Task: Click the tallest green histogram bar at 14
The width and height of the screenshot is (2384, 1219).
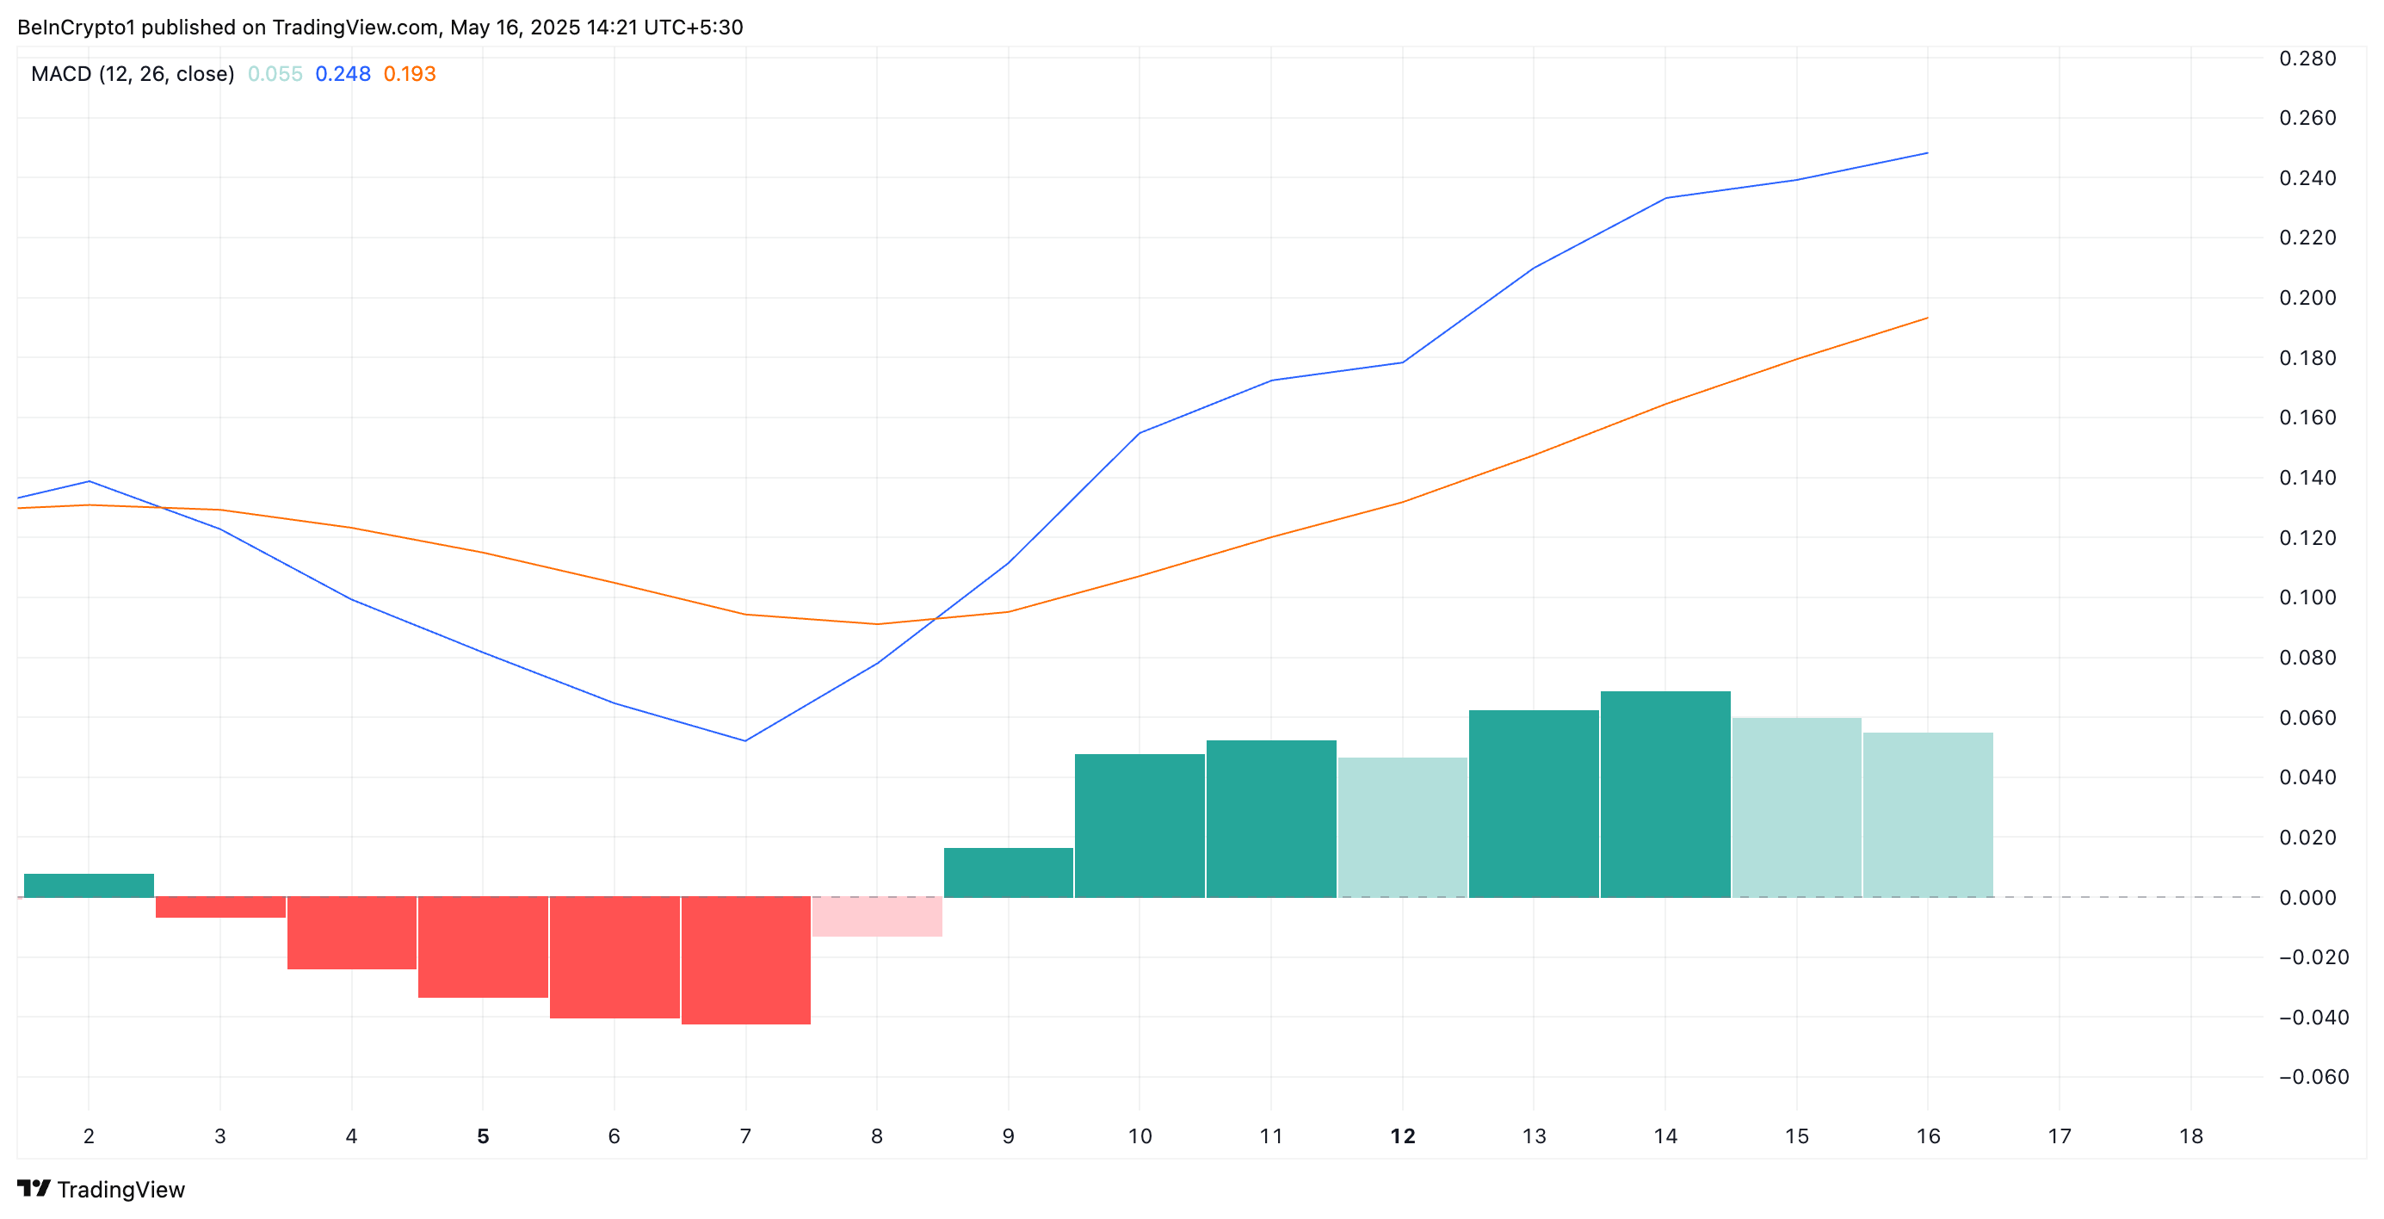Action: pos(1664,794)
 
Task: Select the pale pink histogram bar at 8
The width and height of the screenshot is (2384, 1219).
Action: pos(876,916)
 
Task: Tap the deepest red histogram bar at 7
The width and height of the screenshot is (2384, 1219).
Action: pos(745,960)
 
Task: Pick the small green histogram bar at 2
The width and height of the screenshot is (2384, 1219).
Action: pos(89,885)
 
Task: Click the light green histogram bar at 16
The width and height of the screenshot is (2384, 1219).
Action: pos(1928,814)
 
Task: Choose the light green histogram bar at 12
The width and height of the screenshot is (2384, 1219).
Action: pos(1402,827)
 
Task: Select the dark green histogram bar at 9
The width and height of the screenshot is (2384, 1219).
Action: pos(1008,872)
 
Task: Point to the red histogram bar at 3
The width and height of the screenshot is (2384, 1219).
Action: pos(220,907)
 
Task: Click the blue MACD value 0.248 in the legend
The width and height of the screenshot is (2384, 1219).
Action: pos(343,74)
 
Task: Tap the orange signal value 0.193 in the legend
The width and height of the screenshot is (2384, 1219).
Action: pos(409,74)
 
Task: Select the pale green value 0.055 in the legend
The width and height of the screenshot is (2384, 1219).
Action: pos(275,74)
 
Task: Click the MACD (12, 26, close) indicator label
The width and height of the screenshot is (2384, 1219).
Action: pos(133,74)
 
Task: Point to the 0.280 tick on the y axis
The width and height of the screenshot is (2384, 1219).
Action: pos(2307,59)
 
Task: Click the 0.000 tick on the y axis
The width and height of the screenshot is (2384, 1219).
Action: pos(2307,897)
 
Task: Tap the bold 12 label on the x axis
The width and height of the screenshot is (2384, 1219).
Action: pos(1402,1135)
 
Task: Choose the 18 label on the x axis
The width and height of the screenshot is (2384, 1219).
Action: pos(2190,1135)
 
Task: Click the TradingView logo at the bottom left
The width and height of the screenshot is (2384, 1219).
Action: pos(101,1190)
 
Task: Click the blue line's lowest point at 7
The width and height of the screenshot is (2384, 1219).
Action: pos(745,740)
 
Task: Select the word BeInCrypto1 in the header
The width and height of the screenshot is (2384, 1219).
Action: pos(76,27)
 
